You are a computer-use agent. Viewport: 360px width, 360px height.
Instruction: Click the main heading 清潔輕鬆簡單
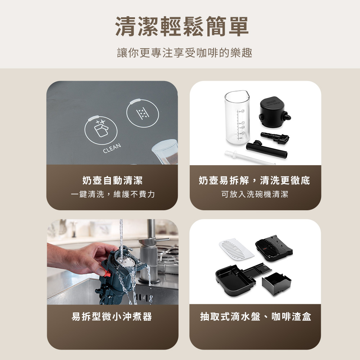click(182, 27)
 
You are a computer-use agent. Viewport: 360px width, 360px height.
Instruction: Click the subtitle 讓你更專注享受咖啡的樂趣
click(185, 53)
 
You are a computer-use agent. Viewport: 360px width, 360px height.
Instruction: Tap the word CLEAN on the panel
click(112, 148)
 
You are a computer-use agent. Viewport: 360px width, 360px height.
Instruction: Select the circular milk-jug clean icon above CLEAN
click(101, 130)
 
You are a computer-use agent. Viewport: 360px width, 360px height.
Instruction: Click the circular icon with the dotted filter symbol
click(143, 113)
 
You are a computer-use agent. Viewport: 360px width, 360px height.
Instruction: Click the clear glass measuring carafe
click(237, 117)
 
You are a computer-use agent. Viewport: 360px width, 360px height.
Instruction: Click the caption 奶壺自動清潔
click(112, 180)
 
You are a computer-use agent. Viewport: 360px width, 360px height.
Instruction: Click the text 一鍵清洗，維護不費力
click(112, 194)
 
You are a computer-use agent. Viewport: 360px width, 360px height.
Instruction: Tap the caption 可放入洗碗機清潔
click(255, 194)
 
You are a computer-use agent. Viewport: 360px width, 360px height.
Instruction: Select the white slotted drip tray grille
click(236, 249)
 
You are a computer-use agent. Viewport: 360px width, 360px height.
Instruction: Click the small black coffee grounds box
click(276, 284)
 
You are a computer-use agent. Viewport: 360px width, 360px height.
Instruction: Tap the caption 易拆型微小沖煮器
click(112, 316)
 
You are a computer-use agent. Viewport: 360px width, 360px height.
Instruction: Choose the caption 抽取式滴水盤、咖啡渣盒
click(256, 316)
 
